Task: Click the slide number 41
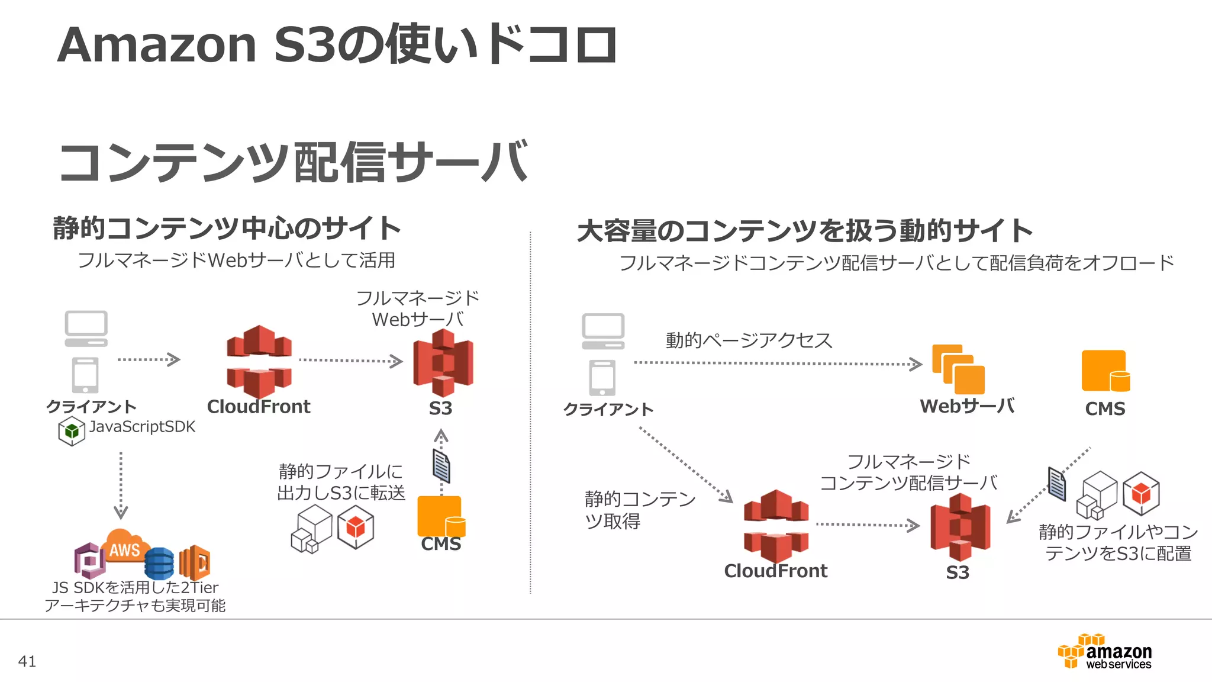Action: click(x=27, y=661)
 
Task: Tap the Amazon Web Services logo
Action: click(x=1105, y=652)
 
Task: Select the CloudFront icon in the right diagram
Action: click(x=776, y=526)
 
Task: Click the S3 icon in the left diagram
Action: click(x=443, y=362)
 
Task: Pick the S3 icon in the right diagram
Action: click(x=959, y=527)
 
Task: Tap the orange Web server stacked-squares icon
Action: click(x=958, y=369)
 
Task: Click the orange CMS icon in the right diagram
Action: click(x=1105, y=371)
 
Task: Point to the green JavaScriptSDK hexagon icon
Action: click(x=72, y=431)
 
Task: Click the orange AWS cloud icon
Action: click(x=124, y=546)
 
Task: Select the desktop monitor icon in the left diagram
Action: click(x=86, y=329)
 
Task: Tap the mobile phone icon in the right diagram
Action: click(x=602, y=378)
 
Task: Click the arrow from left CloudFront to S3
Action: click(x=350, y=361)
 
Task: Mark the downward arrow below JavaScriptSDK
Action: click(x=121, y=485)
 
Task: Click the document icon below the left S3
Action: click(x=441, y=466)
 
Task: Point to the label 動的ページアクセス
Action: click(x=749, y=340)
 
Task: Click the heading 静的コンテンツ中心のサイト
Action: click(x=227, y=229)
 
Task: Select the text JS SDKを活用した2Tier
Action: click(x=135, y=587)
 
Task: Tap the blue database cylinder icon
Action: click(x=159, y=563)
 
